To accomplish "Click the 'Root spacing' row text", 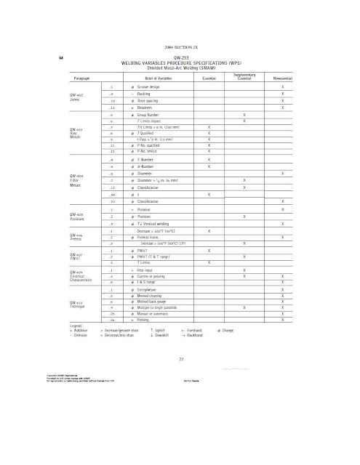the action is (x=148, y=100).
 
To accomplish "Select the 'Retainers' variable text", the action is (x=146, y=107).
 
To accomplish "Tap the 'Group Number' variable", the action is (x=150, y=115).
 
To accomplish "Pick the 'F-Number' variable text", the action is (x=147, y=159).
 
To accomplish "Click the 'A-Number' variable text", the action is (x=147, y=166).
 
